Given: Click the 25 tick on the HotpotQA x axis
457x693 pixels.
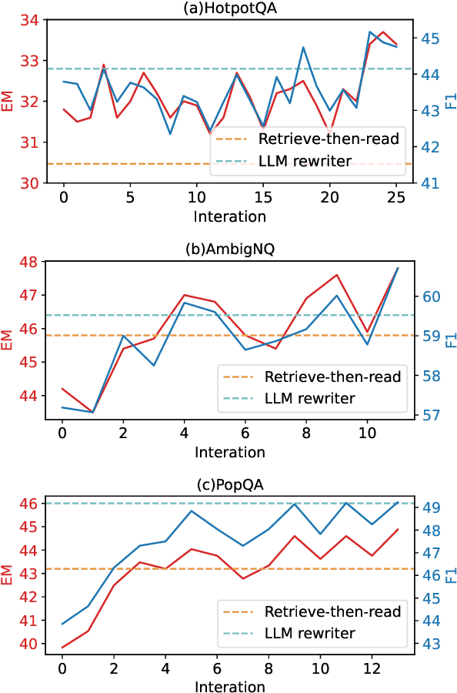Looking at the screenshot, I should (395, 196).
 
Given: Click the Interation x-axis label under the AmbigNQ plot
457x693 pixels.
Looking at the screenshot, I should (229, 452).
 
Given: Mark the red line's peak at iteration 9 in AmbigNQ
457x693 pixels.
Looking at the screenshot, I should (336, 275).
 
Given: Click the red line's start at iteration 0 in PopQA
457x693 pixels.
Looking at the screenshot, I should (62, 648).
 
